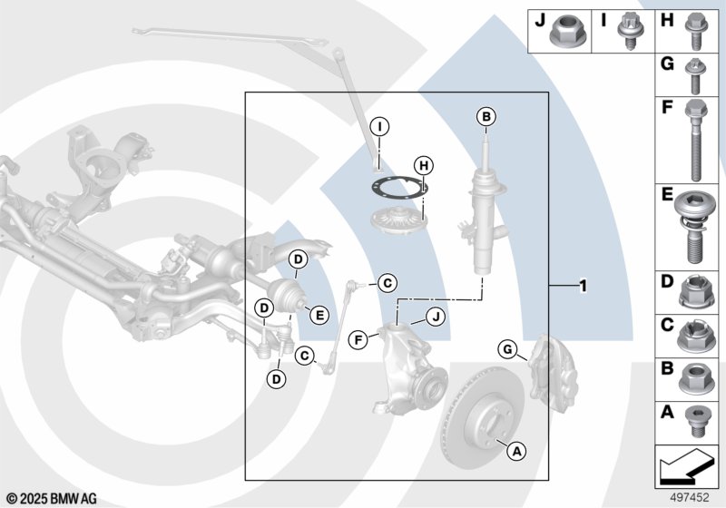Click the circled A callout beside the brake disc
[515, 449]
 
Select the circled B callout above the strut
[486, 116]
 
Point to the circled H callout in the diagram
[421, 165]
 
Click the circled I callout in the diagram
[380, 125]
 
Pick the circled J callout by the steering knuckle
[435, 316]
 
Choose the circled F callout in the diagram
[358, 340]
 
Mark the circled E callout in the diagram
[319, 315]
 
